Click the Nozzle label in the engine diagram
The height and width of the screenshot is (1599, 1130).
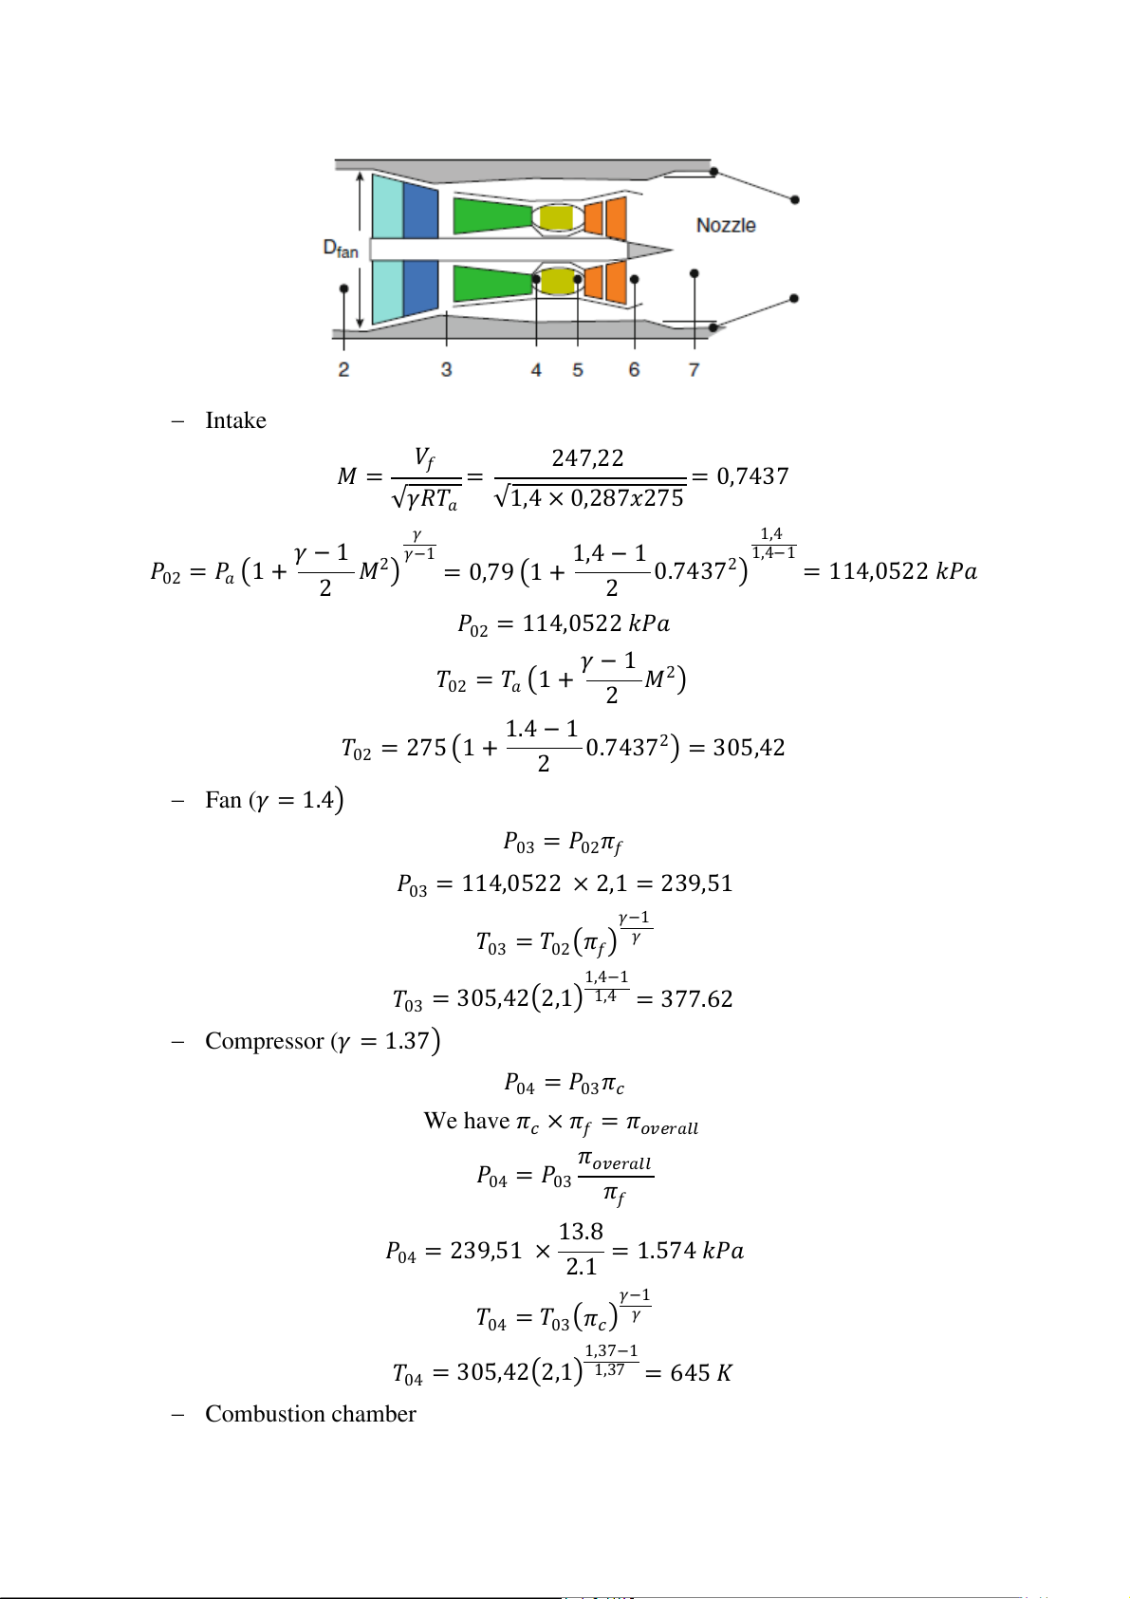[x=726, y=226]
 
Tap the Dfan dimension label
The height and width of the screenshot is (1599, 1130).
[x=341, y=249]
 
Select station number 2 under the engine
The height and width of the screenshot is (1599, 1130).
[x=343, y=370]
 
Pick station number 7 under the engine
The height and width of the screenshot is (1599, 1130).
[x=695, y=370]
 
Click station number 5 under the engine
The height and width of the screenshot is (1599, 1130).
[x=578, y=370]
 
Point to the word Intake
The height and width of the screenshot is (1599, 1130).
[x=235, y=420]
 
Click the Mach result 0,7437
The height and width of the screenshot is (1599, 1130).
[x=752, y=476]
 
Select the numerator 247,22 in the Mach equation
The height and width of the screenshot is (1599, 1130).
[x=588, y=459]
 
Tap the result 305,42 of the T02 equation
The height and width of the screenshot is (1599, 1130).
[x=749, y=748]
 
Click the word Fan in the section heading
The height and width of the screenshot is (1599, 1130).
[x=223, y=800]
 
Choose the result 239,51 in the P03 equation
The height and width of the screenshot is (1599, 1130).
[x=696, y=883]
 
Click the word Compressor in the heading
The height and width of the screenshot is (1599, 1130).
[x=264, y=1041]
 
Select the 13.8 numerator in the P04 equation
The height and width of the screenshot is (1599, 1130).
[x=581, y=1232]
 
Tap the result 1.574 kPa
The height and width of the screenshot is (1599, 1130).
[x=690, y=1251]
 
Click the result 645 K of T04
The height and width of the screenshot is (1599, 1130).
[x=701, y=1373]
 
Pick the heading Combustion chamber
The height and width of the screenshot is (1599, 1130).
[x=310, y=1414]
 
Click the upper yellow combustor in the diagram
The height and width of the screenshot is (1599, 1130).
[x=557, y=218]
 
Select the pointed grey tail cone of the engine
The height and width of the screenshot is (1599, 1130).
[x=649, y=251]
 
